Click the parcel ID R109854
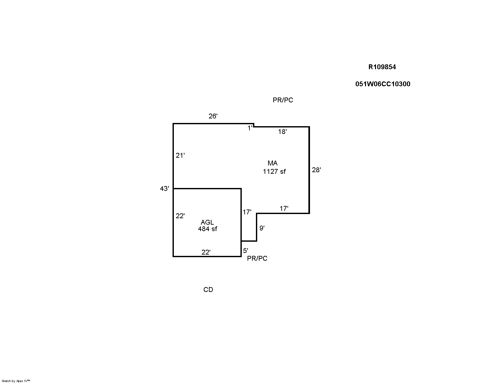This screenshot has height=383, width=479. (382, 67)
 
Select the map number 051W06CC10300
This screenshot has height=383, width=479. (383, 84)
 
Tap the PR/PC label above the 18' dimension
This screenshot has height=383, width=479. (283, 100)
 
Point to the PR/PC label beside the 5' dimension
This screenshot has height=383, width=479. (257, 258)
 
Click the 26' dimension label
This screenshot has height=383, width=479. (213, 116)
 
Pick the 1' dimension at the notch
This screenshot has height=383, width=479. (250, 128)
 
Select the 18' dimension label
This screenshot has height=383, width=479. (282, 132)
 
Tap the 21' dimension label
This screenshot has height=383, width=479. (180, 155)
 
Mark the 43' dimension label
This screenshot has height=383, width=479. (164, 189)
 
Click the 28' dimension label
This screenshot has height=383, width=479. (316, 170)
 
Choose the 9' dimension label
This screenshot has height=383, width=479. (262, 228)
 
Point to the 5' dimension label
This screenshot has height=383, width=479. (246, 251)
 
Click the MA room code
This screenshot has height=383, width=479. (273, 163)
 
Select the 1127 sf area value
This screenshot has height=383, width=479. (274, 172)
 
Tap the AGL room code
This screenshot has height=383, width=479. (207, 222)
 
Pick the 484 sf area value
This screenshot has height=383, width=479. (207, 229)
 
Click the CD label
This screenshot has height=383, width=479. (208, 290)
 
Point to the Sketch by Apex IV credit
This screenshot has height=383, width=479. (16, 381)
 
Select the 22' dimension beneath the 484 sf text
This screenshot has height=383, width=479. (206, 252)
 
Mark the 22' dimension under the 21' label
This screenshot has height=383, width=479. (180, 216)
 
